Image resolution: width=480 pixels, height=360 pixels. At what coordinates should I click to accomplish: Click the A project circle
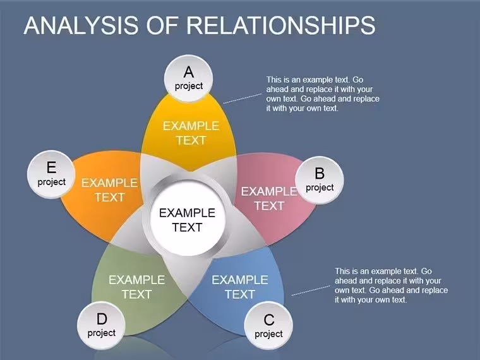(189, 79)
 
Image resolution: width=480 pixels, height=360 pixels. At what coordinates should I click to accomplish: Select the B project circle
(320, 180)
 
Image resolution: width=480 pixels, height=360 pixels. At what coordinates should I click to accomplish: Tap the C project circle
(268, 326)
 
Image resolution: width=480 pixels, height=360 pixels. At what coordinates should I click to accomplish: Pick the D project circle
(101, 325)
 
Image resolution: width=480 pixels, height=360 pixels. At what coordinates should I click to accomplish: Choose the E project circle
(51, 174)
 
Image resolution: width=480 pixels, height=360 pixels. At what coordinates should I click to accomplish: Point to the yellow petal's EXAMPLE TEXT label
(191, 133)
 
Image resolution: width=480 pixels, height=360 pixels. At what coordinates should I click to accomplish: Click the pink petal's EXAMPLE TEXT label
(269, 199)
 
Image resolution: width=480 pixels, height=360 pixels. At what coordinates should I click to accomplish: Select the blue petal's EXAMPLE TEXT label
(240, 287)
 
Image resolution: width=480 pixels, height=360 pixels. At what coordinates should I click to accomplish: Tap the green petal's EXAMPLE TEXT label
(137, 287)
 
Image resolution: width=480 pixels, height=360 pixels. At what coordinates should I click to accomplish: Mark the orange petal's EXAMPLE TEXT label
(110, 190)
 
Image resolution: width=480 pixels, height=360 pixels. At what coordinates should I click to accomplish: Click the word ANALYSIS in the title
(81, 25)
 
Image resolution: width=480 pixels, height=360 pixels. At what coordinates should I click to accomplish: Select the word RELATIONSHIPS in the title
(281, 25)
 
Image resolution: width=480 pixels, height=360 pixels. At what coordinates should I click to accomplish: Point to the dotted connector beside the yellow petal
(243, 99)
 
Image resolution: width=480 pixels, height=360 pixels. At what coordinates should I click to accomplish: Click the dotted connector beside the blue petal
(311, 291)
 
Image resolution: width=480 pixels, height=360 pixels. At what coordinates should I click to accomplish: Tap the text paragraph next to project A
(323, 94)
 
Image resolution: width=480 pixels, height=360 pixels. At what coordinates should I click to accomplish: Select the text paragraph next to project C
(391, 285)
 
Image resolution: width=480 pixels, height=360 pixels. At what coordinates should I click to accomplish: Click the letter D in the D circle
(102, 319)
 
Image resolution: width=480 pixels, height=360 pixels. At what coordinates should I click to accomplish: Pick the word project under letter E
(51, 182)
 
